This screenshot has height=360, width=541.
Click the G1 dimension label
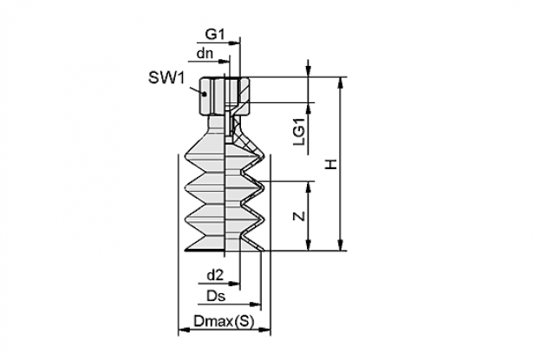(x=215, y=34)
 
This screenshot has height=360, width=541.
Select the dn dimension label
(x=205, y=54)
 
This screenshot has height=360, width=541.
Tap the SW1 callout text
(x=166, y=78)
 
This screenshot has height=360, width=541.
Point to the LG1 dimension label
(x=300, y=132)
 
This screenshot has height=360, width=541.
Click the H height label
(x=331, y=164)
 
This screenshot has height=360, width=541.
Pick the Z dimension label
(x=300, y=216)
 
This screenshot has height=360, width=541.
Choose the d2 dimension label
(x=215, y=275)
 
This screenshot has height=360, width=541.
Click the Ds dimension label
(x=216, y=296)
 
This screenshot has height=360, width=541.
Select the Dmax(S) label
(x=224, y=322)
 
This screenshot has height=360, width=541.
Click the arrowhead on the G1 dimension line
(x=235, y=43)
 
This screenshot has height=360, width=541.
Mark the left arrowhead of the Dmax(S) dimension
(x=183, y=331)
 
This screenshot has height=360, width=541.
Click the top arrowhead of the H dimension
(x=341, y=82)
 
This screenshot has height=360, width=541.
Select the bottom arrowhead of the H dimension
(x=341, y=245)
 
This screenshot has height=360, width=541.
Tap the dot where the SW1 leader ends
(x=205, y=94)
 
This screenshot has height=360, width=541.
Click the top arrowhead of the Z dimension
(x=309, y=187)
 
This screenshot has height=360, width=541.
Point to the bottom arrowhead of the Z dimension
(x=309, y=245)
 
